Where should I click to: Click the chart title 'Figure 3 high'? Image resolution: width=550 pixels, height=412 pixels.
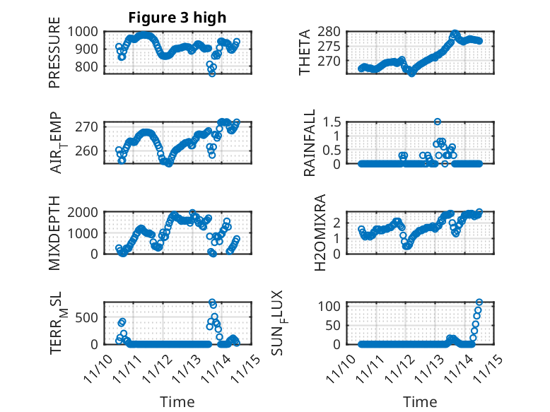coord(177,18)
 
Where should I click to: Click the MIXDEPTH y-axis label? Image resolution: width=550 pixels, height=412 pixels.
coord(55,233)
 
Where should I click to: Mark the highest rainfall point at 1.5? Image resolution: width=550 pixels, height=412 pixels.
coord(438,122)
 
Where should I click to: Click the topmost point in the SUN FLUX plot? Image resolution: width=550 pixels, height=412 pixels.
coord(479,302)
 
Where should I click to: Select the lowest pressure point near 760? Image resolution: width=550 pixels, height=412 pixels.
coord(211,73)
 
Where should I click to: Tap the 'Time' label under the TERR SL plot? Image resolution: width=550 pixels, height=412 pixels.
coord(177,402)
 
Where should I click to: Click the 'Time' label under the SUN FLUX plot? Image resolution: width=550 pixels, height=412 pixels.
coord(421,402)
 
